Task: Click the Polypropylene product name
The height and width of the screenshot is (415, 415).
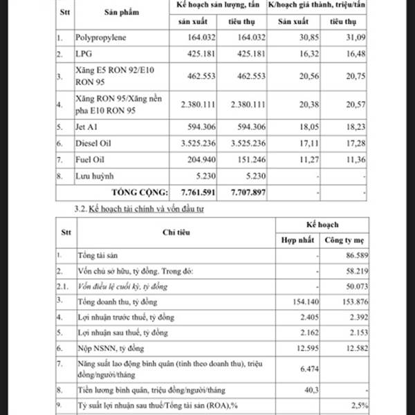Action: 101,37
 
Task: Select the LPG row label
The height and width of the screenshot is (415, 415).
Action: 82,54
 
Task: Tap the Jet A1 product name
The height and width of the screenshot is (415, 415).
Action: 87,127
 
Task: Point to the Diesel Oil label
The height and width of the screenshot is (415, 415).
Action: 93,143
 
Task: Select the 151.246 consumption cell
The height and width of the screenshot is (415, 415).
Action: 247,160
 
